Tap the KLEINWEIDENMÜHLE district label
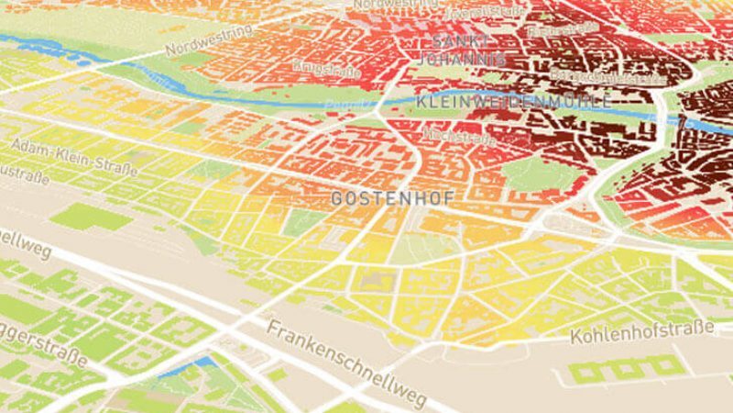click(512, 101)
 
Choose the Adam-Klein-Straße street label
click(74, 157)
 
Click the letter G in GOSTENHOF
click(336, 197)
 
